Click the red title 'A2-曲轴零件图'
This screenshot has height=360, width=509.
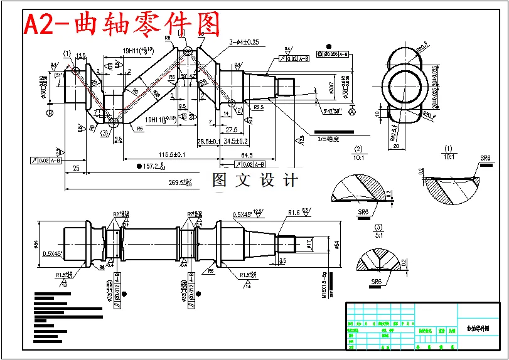coord(122,24)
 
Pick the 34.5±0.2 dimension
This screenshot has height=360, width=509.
coord(235,141)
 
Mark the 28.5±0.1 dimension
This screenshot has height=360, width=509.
coord(208,141)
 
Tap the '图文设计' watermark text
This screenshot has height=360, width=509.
coord(255,180)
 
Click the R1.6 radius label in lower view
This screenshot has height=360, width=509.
coord(294,213)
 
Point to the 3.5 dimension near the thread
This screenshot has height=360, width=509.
coord(282,260)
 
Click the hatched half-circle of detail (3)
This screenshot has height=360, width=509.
coord(378,259)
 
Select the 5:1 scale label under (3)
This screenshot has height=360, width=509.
coord(378,235)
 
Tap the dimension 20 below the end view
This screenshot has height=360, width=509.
coord(396,146)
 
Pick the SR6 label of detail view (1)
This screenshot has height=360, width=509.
coord(485,158)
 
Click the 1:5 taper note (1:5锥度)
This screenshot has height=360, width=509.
coord(328,139)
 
